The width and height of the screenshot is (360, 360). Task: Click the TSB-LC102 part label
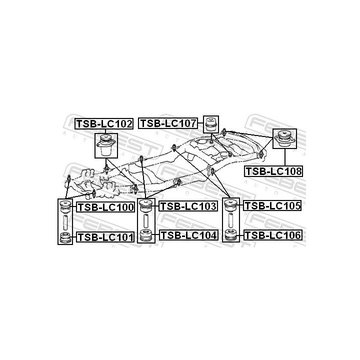coord(104,123)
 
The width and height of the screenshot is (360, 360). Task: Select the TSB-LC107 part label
coord(168,123)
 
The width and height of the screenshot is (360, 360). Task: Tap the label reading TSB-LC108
coord(273,171)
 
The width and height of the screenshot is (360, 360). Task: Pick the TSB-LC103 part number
coord(188,205)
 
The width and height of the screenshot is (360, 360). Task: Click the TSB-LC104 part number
coord(188,235)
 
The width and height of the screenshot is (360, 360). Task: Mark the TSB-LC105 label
coord(271,205)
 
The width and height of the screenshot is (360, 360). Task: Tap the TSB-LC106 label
coord(271,235)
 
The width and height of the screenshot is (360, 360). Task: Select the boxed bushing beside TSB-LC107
coord(211,124)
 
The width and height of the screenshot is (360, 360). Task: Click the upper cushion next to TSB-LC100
coord(65,205)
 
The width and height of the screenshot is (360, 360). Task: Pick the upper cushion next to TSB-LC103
coord(145,205)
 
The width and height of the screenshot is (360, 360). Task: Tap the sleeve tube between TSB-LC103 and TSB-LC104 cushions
coord(145,220)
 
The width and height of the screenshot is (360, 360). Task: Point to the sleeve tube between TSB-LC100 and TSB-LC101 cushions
coord(65,221)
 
